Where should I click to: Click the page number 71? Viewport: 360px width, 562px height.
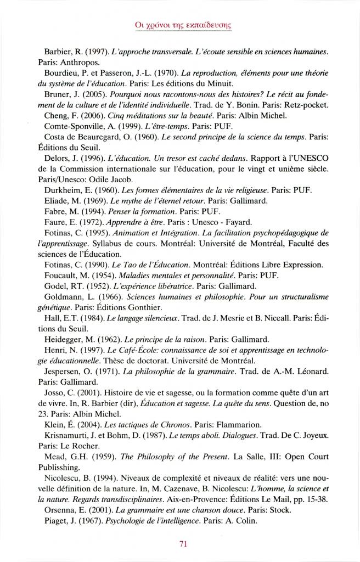(184, 544)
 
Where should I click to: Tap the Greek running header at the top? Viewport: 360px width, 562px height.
(180, 24)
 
